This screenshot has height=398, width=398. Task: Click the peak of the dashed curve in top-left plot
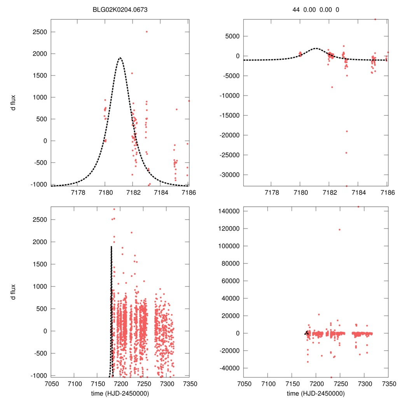(x=120, y=58)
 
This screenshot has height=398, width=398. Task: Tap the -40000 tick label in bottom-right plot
(x=229, y=368)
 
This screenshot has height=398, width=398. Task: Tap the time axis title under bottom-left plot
(x=120, y=393)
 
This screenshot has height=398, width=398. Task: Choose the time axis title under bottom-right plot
(x=316, y=393)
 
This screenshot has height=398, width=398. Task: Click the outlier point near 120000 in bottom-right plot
(x=339, y=229)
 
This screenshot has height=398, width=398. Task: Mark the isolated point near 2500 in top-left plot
(x=147, y=32)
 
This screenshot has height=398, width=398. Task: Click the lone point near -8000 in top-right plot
(x=332, y=87)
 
